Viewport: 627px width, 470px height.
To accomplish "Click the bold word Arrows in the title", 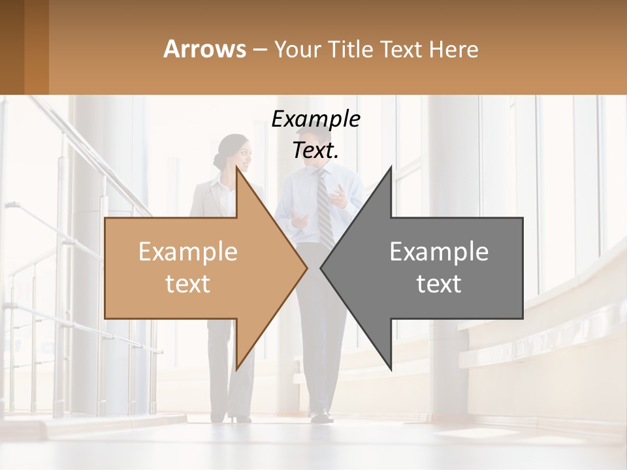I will pyautogui.click(x=204, y=49).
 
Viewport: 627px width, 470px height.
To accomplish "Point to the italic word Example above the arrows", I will pyautogui.click(x=316, y=119).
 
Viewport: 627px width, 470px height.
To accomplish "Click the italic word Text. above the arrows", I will pyautogui.click(x=316, y=150).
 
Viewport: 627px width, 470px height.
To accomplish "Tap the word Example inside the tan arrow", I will pyautogui.click(x=187, y=251).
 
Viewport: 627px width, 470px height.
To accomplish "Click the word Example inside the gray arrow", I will pyautogui.click(x=439, y=251).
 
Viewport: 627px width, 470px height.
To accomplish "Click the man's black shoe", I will pyautogui.click(x=321, y=415).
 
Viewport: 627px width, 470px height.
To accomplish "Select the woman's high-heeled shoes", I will pyautogui.click(x=239, y=417).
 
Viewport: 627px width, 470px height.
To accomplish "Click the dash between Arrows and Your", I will pyautogui.click(x=259, y=50).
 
